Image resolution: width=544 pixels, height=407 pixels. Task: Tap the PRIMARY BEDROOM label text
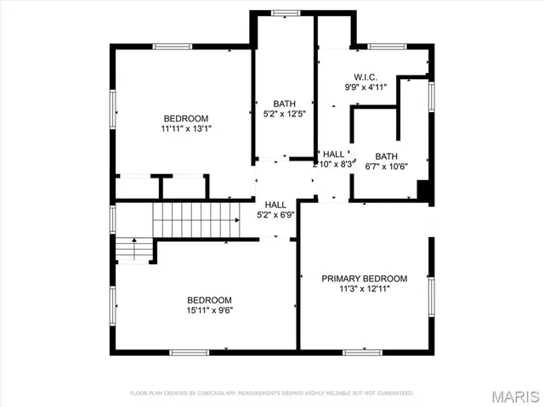[x=364, y=279]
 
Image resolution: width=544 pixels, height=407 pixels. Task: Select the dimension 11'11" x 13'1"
[x=186, y=129]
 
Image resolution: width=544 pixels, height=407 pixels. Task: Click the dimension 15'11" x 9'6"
[x=209, y=310]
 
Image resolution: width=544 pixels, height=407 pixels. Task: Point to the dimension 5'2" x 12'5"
[x=285, y=115]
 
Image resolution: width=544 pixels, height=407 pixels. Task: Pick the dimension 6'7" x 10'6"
[x=386, y=167]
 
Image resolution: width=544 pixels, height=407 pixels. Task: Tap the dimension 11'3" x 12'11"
[x=364, y=289]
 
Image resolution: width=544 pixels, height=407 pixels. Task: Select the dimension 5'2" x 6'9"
[x=275, y=215]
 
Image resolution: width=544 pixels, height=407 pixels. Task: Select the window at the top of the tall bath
[x=285, y=13]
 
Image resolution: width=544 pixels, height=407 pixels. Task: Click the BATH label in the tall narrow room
[x=285, y=104]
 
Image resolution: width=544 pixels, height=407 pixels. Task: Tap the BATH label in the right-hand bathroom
[x=387, y=156]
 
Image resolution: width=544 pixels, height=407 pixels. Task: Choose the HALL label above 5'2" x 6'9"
[x=275, y=205]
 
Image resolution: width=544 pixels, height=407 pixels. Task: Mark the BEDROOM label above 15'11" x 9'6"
[x=209, y=300]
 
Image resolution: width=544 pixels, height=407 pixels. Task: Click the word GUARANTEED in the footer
[x=396, y=393]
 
